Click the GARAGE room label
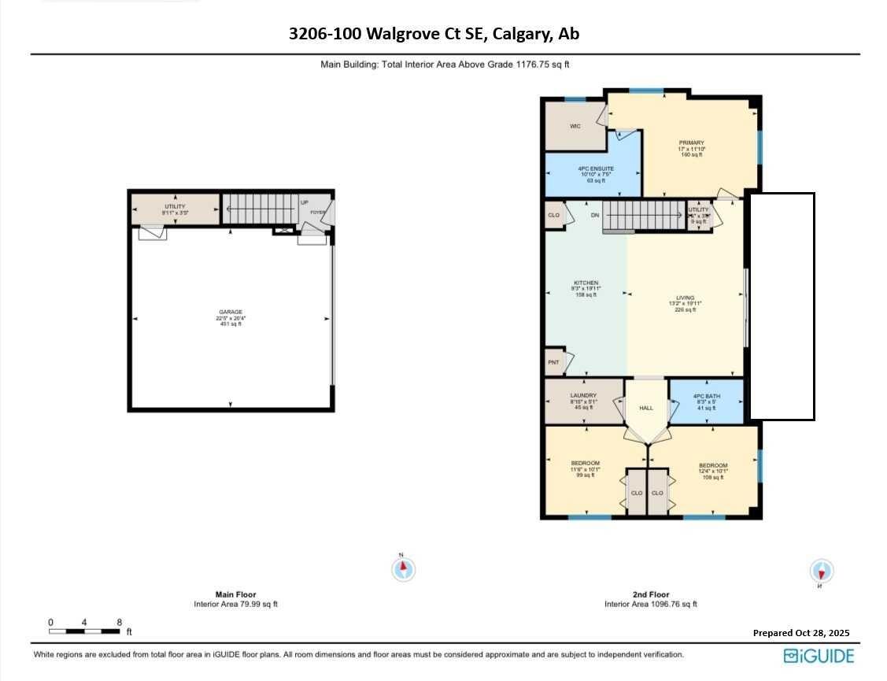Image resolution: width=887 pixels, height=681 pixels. pos(230,312)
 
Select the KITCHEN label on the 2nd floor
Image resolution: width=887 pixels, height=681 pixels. pos(586,283)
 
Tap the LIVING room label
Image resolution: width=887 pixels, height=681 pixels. pos(685,298)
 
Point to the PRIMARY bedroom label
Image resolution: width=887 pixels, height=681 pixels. pos(691,142)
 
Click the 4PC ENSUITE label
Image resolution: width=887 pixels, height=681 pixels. pos(595,168)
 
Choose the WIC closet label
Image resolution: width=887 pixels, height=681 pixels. pos(575,126)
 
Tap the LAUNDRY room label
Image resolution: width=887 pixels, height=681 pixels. pos(583,395)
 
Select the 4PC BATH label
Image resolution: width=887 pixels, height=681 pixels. pos(704,395)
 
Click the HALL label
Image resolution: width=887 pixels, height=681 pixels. pos(646,408)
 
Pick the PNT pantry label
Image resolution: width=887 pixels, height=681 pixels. pos(553,362)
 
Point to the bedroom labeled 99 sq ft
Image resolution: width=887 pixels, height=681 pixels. pos(585,463)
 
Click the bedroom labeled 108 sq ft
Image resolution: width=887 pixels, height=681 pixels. pos(713,465)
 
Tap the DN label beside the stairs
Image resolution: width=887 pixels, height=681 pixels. pos(595,215)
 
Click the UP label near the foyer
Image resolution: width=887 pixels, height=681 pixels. pos(305,202)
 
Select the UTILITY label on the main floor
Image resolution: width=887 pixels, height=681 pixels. pos(175,206)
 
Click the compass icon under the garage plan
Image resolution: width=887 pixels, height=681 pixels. pos(404,568)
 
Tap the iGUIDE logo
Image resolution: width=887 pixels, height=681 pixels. pos(819,655)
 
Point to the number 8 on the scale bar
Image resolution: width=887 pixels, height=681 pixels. pos(119,623)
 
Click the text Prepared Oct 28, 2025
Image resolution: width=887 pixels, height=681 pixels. pos(800,633)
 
